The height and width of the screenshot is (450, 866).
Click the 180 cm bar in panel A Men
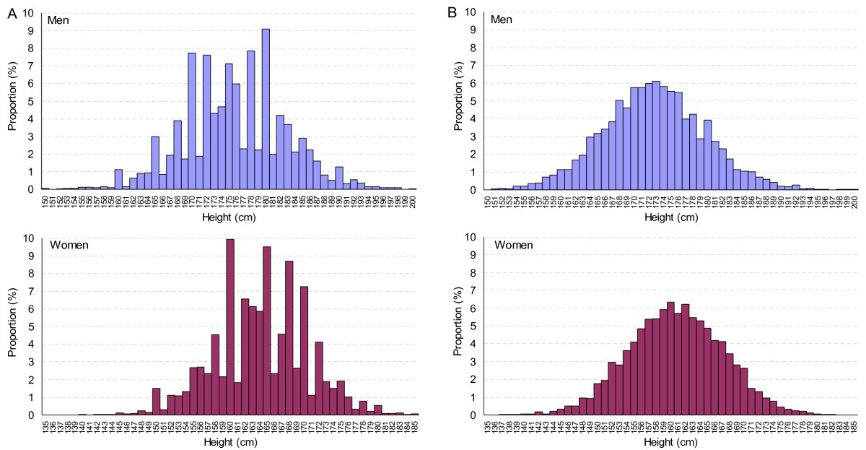tap(266, 109)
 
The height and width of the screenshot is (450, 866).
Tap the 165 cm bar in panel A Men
tap(155, 163)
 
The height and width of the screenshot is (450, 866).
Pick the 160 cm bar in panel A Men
tap(118, 179)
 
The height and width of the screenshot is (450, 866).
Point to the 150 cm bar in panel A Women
tap(156, 402)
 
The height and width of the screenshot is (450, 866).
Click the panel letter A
tap(12, 12)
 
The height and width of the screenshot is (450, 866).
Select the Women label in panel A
tap(68, 245)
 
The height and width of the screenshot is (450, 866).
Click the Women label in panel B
tap(513, 245)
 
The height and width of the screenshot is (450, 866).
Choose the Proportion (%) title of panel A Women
tap(12, 325)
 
